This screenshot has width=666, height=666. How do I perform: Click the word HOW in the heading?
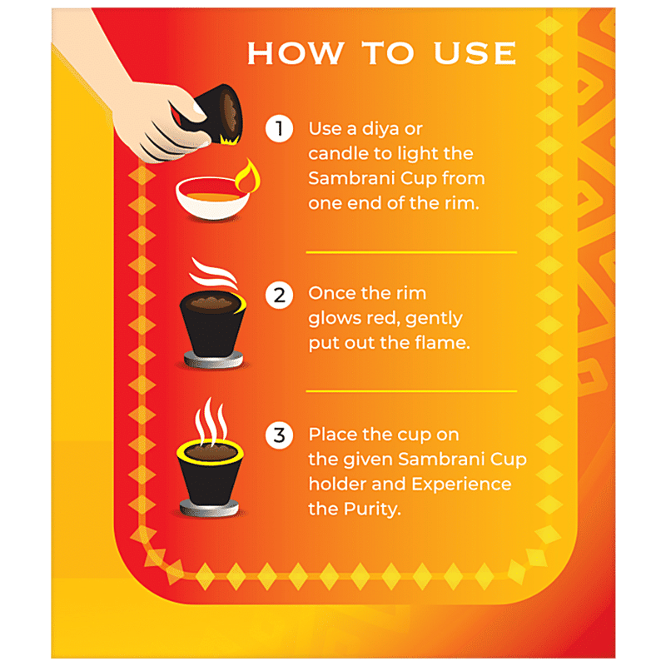(x=296, y=53)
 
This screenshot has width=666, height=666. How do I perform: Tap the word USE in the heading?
(x=475, y=53)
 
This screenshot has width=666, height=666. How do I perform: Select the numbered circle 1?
(x=279, y=128)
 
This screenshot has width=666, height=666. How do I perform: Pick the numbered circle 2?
(x=279, y=295)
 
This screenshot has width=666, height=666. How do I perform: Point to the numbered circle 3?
(x=279, y=435)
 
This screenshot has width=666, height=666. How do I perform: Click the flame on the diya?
(x=248, y=176)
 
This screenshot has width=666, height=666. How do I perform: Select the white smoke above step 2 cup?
(x=213, y=274)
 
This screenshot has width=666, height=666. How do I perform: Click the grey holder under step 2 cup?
(x=213, y=360)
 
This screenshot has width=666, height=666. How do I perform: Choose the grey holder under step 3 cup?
(x=209, y=509)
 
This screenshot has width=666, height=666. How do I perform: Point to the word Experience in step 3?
(x=461, y=485)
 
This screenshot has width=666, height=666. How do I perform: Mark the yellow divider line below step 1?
(x=411, y=252)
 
